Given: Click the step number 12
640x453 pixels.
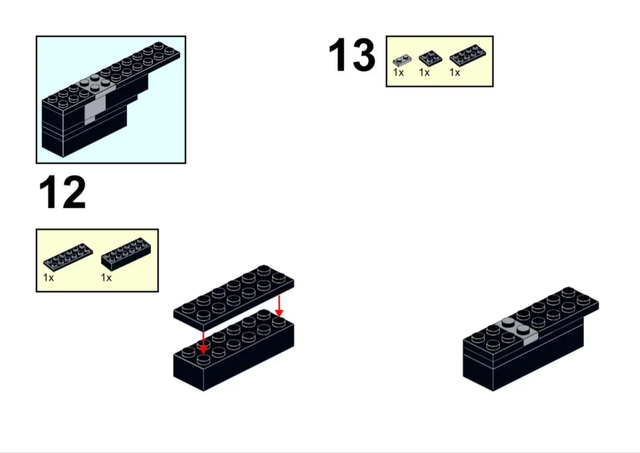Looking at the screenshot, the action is coord(62,192).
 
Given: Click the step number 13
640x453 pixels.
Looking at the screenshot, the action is coord(352,54).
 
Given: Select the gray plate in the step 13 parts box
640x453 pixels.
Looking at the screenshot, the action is coord(402,61).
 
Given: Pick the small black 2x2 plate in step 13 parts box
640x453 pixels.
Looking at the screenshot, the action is coord(430,58).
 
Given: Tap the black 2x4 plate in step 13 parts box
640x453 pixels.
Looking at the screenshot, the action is coord(467,56).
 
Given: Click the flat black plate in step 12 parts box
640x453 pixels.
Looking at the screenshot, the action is coord(67,257).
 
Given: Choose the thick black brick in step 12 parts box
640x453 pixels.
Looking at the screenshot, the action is coord(127,254).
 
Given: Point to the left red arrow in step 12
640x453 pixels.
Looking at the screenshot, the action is coord(203,342).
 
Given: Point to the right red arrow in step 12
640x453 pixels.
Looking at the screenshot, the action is coord(279,306).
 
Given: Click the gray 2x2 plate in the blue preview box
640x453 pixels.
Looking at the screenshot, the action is coord(95,84).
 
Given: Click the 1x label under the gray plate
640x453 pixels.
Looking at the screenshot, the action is coord(398,72).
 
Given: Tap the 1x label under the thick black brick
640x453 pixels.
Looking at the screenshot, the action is coord(106,278).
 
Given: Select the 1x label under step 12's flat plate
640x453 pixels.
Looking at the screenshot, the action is coord(48,278).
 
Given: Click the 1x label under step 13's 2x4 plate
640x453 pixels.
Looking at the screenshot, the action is coord(455,72).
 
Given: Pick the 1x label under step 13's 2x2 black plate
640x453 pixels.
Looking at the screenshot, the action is coord(424,72).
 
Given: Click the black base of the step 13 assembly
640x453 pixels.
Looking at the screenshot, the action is coord(522,359).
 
